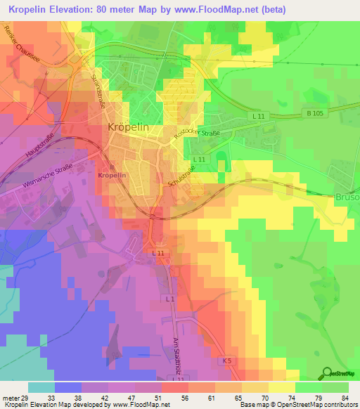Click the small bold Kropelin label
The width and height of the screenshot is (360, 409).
[112, 174]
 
